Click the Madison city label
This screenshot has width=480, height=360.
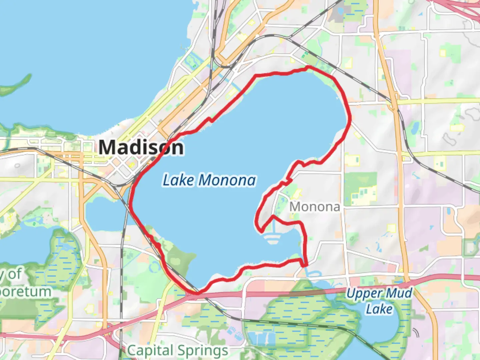tap(141, 147)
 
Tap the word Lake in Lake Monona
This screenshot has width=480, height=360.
tap(178, 180)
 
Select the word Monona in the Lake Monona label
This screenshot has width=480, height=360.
tap(227, 180)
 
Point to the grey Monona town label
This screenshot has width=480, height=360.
tap(314, 207)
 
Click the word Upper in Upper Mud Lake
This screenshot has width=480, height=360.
tap(364, 294)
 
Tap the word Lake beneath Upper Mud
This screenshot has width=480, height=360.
tap(379, 309)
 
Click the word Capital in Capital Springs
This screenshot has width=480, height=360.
tap(150, 350)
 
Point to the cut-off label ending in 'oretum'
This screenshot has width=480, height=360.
tap(25, 291)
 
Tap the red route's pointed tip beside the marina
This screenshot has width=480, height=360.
tap(261, 231)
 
